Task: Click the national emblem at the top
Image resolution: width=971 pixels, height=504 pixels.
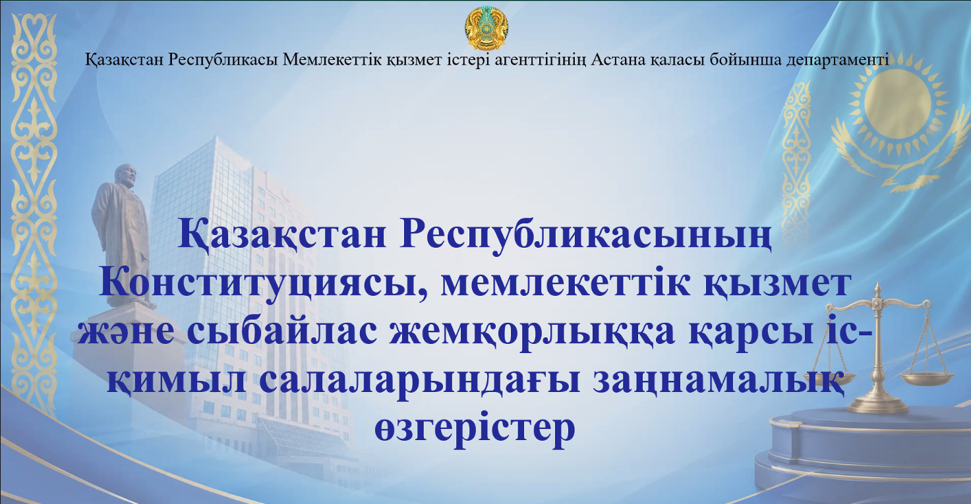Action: (x=485, y=29)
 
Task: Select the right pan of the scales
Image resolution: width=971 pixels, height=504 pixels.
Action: (x=927, y=379)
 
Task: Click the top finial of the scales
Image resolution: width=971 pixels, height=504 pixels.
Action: (x=878, y=291)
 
